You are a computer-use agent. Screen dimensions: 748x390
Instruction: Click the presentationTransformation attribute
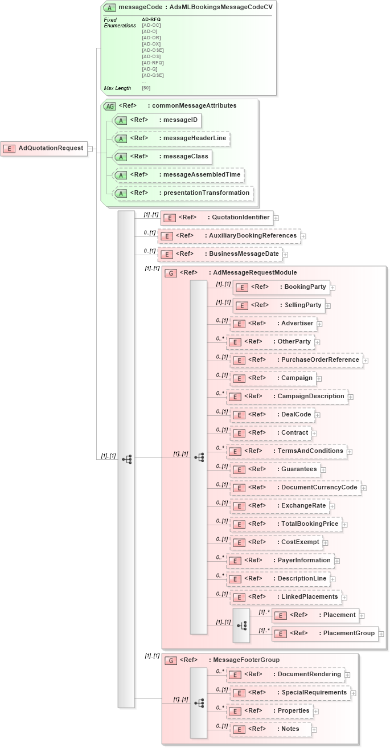pos(183,193)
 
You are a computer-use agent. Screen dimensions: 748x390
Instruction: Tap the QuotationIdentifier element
pos(216,218)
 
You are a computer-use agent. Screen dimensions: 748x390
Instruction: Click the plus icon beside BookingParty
pos(332,287)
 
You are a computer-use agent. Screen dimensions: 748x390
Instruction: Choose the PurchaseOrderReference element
pos(296,360)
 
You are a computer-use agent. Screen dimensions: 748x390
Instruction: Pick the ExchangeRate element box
pos(279,506)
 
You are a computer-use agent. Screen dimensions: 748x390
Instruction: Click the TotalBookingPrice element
pos(285,524)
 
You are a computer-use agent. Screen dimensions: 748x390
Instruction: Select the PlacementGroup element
pos(325,633)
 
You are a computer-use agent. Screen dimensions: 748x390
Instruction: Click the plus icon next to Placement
pos(362,615)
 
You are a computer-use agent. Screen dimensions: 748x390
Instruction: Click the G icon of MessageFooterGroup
pos(170,661)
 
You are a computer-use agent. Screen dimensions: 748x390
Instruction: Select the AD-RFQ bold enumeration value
pos(151,19)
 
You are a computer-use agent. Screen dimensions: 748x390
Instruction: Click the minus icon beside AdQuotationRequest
pos(89,149)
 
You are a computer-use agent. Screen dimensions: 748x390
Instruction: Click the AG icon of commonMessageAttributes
pos(109,106)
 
